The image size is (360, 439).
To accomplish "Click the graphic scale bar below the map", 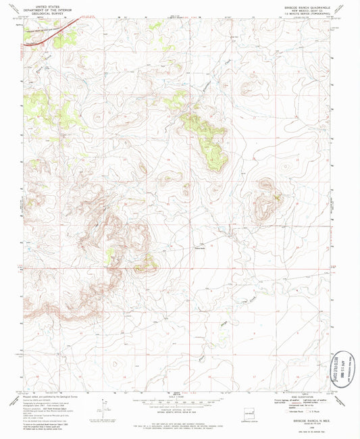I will click(179, 404).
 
